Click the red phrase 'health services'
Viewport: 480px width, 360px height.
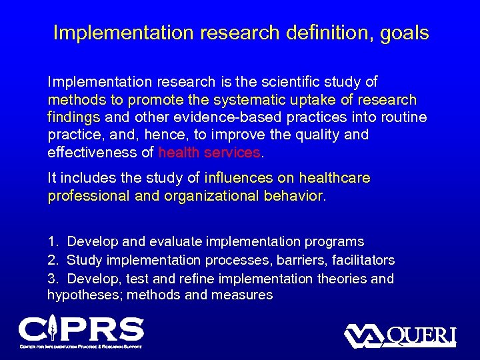tap(209, 152)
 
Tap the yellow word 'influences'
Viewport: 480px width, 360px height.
tap(238, 179)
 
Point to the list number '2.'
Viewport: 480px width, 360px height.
tap(53, 260)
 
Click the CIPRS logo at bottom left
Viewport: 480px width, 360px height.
tap(81, 331)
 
